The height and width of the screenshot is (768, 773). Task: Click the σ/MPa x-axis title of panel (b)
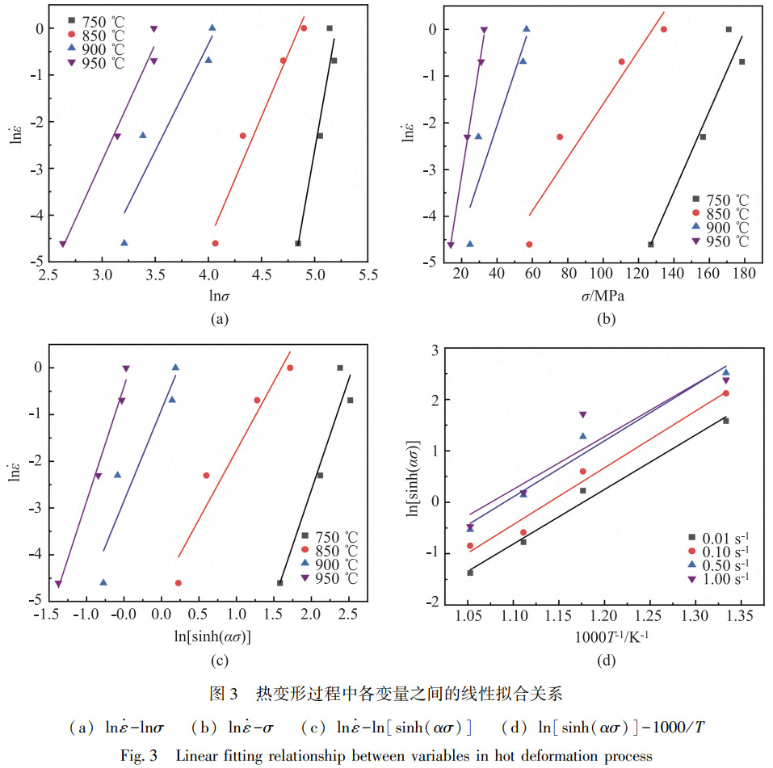596,297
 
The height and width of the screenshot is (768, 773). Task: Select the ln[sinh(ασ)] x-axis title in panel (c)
213,636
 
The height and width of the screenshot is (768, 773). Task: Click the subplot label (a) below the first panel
216,320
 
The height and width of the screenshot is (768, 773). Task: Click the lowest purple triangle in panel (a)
63,244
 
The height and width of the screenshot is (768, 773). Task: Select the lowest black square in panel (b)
651,244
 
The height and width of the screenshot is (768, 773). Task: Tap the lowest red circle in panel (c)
179,582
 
